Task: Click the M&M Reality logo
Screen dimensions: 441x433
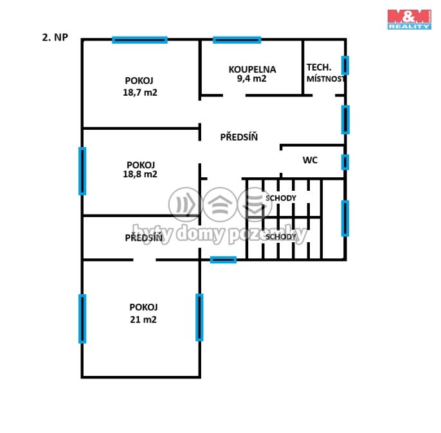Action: tap(410, 19)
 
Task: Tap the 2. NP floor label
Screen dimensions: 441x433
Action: tap(55, 37)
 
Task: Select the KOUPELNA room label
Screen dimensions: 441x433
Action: tap(252, 69)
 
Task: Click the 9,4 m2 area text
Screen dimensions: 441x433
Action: tap(251, 78)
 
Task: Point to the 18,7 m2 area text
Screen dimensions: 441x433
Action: tap(140, 93)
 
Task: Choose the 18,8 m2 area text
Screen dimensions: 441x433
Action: tap(140, 174)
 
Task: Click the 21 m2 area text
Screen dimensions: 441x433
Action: tap(143, 319)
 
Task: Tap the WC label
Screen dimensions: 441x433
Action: tap(310, 160)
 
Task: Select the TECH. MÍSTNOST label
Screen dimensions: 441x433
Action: tap(325, 73)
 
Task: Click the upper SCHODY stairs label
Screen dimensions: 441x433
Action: tap(281, 198)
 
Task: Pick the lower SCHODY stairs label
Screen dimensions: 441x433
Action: tap(281, 237)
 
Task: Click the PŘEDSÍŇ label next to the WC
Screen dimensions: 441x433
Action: tap(239, 137)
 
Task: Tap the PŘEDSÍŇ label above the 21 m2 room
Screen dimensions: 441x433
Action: tap(144, 238)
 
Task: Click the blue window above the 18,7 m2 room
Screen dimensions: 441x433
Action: tap(139, 40)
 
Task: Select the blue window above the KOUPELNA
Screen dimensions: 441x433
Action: tap(237, 40)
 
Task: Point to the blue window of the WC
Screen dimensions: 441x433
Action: tap(345, 162)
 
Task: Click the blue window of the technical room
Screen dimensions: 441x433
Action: tap(345, 66)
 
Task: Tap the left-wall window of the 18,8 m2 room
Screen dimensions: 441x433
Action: tap(82, 171)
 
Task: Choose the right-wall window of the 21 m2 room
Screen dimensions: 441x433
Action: tap(199, 317)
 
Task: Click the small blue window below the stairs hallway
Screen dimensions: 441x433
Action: tap(223, 260)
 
